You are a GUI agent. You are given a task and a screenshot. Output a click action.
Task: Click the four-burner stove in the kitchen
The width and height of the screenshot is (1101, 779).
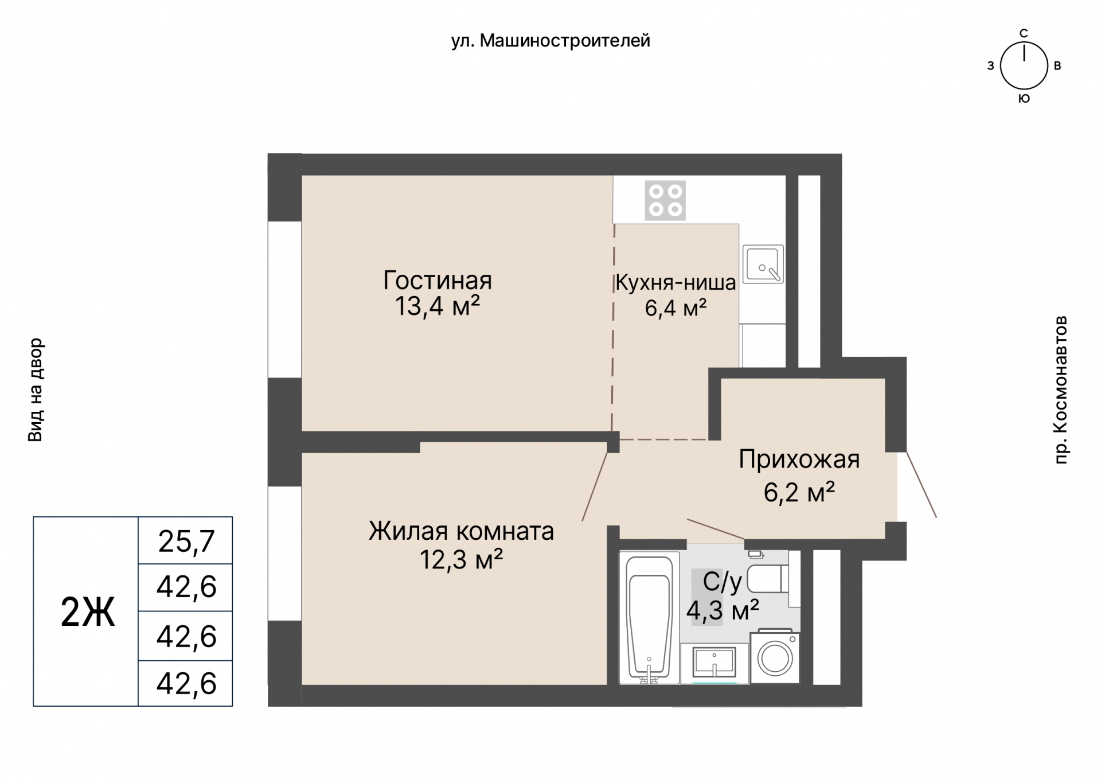(x=665, y=201)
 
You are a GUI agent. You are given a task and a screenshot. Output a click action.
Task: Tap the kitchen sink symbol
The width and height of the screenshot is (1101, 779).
(x=763, y=264)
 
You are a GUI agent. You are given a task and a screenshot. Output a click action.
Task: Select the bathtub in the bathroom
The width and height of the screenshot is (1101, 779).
(x=649, y=618)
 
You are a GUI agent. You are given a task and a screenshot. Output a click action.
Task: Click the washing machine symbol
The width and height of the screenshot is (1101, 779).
(x=775, y=659)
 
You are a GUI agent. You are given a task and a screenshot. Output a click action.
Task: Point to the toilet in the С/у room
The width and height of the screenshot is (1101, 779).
(x=767, y=579)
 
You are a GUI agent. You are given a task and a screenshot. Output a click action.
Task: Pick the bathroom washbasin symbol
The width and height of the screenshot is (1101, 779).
(x=714, y=663)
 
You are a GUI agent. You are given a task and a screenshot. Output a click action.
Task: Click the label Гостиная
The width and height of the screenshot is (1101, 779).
(x=437, y=281)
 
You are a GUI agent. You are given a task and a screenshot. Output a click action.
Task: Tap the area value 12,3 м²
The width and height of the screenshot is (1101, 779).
(x=461, y=559)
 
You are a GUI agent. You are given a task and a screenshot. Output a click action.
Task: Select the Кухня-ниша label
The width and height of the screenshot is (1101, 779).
(x=675, y=282)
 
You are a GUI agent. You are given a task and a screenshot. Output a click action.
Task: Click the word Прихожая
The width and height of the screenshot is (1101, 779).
(x=799, y=459)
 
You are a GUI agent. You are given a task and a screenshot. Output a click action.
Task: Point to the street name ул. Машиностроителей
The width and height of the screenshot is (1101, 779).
(x=550, y=41)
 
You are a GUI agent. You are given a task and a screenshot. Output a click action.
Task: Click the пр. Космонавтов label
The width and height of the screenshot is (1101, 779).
(x=1061, y=389)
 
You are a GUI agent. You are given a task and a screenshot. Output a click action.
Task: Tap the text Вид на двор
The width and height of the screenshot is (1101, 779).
(x=36, y=390)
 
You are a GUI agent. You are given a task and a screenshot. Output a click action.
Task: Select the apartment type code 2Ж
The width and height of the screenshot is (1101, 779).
(x=87, y=612)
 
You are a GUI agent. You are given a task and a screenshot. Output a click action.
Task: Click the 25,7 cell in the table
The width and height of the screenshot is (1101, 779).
(x=186, y=541)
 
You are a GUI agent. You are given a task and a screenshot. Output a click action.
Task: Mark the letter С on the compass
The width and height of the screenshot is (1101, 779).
(x=1024, y=33)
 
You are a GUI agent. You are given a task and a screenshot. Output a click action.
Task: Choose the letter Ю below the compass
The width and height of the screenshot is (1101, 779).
(x=1024, y=99)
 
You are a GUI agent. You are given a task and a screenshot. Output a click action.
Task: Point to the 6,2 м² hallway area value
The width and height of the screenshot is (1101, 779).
(x=799, y=492)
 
